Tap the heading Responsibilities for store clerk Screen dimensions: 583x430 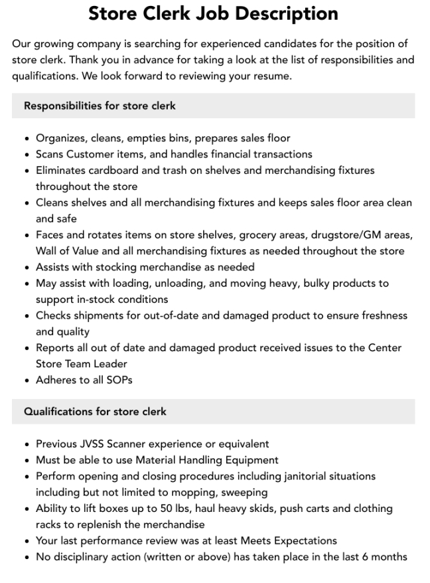coord(100,106)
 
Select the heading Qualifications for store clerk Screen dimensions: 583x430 coord(95,412)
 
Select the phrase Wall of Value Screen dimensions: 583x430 coord(68,251)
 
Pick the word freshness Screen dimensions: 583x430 coord(382,315)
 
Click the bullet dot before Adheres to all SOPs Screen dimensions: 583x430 coord(26,380)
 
